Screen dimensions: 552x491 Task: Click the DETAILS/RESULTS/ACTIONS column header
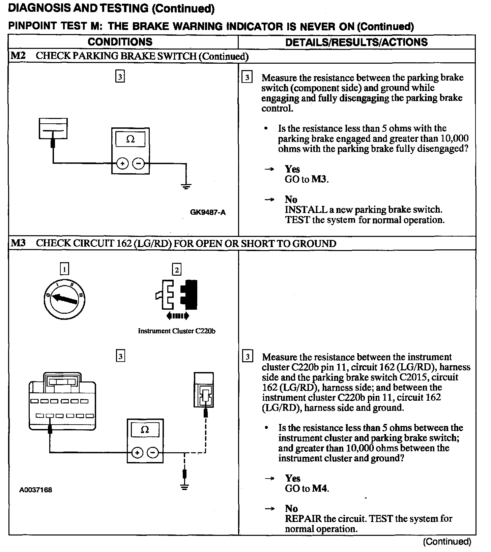[356, 42]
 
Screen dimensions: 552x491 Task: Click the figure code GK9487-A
[208, 212]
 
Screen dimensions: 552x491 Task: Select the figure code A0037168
[35, 490]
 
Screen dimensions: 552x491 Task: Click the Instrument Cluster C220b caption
[177, 331]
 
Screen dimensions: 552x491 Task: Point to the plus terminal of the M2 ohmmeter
[122, 164]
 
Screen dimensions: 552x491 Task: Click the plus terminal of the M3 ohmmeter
[137, 453]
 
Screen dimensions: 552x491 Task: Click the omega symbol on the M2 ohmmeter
[130, 140]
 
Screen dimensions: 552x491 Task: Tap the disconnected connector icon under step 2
[176, 295]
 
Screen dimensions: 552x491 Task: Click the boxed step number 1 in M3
[64, 269]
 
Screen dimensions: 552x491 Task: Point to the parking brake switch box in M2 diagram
[53, 128]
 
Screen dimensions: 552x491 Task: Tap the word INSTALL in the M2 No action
[301, 210]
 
